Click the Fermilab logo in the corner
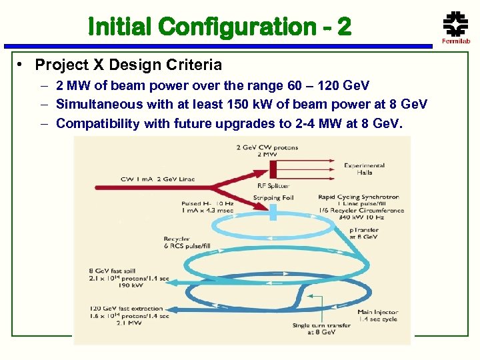point(455,28)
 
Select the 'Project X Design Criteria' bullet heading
point(128,65)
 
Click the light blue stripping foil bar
point(273,211)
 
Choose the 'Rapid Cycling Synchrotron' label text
point(359,197)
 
